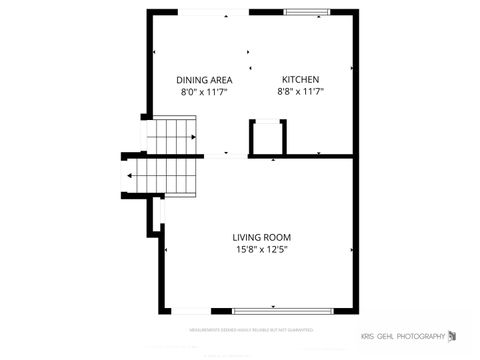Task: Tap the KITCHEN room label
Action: (300, 79)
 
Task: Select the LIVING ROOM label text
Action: (261, 237)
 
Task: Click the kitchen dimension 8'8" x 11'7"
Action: (300, 91)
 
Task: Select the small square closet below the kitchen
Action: (268, 137)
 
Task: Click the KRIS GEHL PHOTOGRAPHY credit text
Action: (402, 336)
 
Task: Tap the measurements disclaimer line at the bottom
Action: (251, 328)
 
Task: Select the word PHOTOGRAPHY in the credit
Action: (419, 336)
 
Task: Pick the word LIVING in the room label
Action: (246, 237)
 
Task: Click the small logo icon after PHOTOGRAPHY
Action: (452, 335)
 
